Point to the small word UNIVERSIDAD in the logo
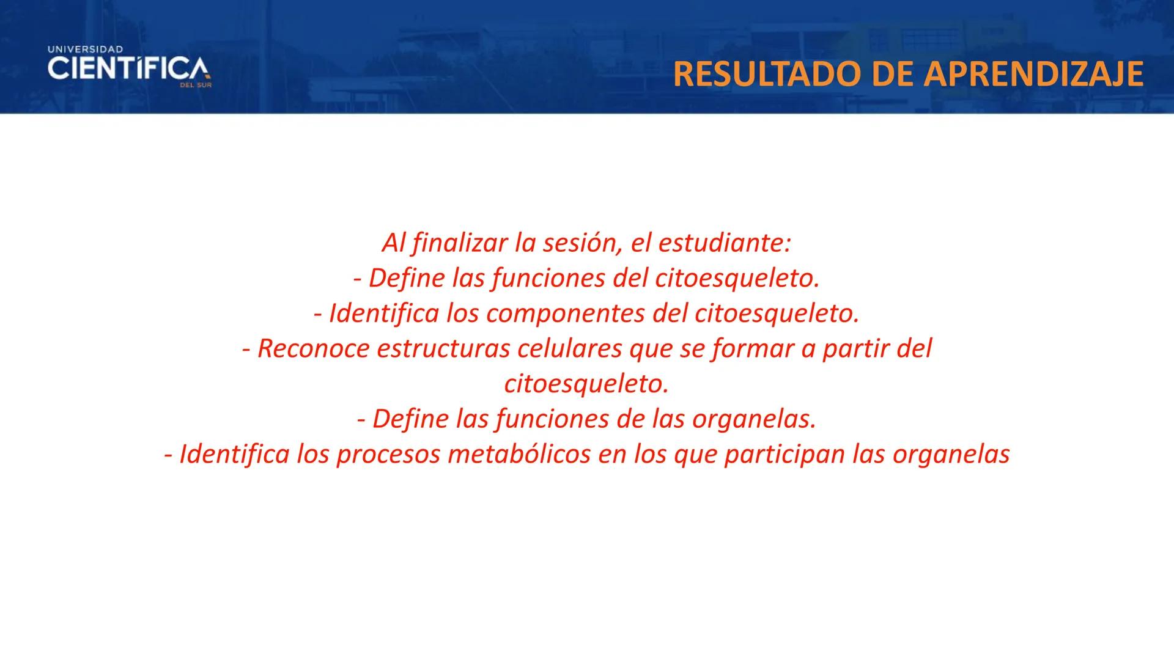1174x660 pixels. coord(85,49)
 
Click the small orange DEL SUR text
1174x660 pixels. coord(195,86)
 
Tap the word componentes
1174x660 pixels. coord(566,314)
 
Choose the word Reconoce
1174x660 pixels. coord(314,349)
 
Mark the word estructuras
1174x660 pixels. coord(443,349)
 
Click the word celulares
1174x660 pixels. coord(570,349)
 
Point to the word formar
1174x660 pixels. coord(751,349)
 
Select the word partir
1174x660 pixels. coord(855,349)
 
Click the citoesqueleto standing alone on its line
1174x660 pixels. coord(586,384)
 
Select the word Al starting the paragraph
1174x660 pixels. coord(393,243)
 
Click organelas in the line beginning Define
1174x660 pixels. coord(754,420)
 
